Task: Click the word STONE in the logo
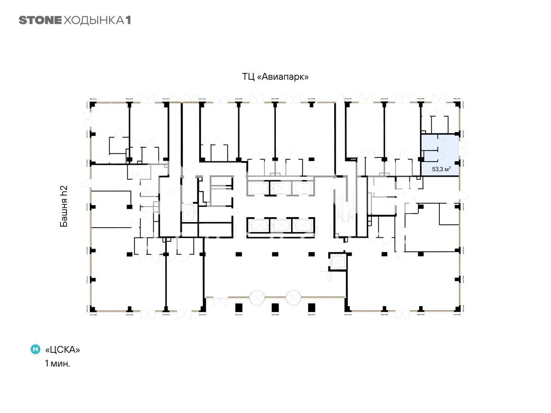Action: coord(40,20)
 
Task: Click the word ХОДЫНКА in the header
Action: coord(94,21)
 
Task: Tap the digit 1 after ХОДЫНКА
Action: coord(128,20)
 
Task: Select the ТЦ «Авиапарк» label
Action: coord(275,77)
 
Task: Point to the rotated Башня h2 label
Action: coord(64,206)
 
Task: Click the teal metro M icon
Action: coord(35,349)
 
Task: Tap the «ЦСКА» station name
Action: coord(62,350)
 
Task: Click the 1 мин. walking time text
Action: coord(57,363)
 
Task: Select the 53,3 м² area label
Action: coord(441,169)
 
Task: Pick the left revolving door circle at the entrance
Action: coord(257,298)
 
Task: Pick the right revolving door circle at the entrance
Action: coord(293,298)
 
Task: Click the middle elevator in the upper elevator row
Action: coord(281,188)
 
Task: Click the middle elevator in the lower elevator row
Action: coord(281,225)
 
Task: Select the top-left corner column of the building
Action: coord(93,105)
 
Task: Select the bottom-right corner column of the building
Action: coord(457,309)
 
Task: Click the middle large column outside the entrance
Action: coord(275,307)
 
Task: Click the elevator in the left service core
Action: coord(188,212)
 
